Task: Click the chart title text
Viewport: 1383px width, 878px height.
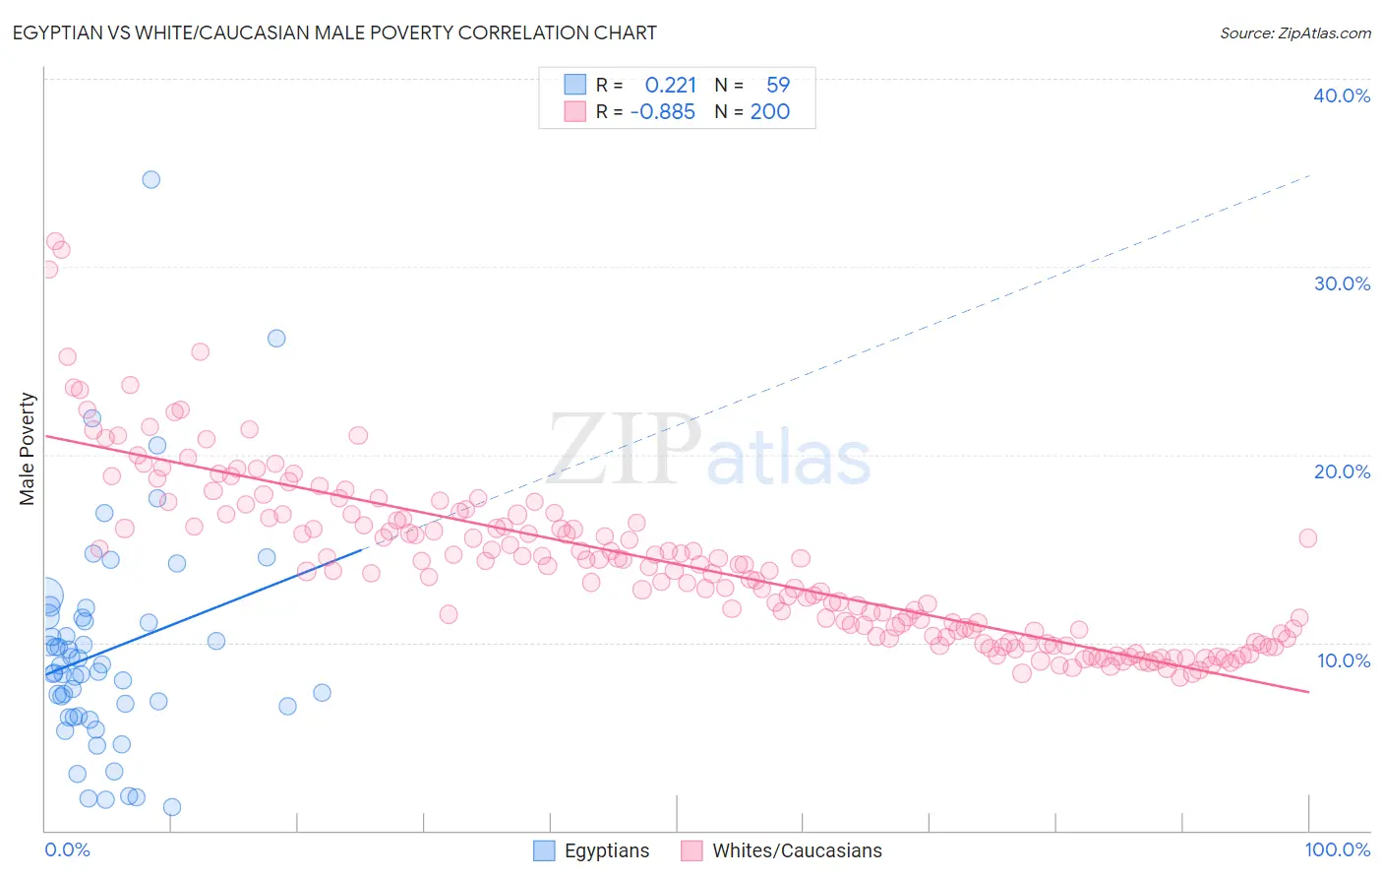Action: tap(334, 32)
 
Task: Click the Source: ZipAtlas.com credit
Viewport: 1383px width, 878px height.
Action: tap(1294, 32)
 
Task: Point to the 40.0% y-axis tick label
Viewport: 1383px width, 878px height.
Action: tap(1342, 95)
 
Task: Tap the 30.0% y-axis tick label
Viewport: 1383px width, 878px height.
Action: tap(1342, 283)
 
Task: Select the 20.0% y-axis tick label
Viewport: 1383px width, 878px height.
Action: tap(1342, 471)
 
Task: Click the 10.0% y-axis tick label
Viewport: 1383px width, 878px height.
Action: tap(1344, 660)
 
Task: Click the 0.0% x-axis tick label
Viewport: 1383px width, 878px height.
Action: tap(67, 849)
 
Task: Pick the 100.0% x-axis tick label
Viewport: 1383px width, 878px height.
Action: tap(1337, 849)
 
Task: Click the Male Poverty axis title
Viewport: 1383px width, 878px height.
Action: tap(28, 449)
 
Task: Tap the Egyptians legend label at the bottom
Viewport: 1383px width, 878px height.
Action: tap(606, 850)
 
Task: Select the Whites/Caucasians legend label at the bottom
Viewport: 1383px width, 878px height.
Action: tap(797, 850)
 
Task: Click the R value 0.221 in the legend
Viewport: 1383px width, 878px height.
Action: tap(670, 86)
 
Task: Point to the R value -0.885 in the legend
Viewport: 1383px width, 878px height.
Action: tap(663, 112)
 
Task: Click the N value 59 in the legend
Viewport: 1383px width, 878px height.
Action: tap(778, 86)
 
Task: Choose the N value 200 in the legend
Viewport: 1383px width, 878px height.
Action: tap(770, 112)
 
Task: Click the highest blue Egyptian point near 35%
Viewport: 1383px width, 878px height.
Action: tap(150, 179)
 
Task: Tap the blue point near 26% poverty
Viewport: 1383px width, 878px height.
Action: tap(276, 339)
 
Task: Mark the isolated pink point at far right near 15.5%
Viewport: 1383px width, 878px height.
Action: tap(1307, 537)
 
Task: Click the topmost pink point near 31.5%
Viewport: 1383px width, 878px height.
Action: tap(55, 242)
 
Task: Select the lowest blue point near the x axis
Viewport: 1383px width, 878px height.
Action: tap(171, 807)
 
